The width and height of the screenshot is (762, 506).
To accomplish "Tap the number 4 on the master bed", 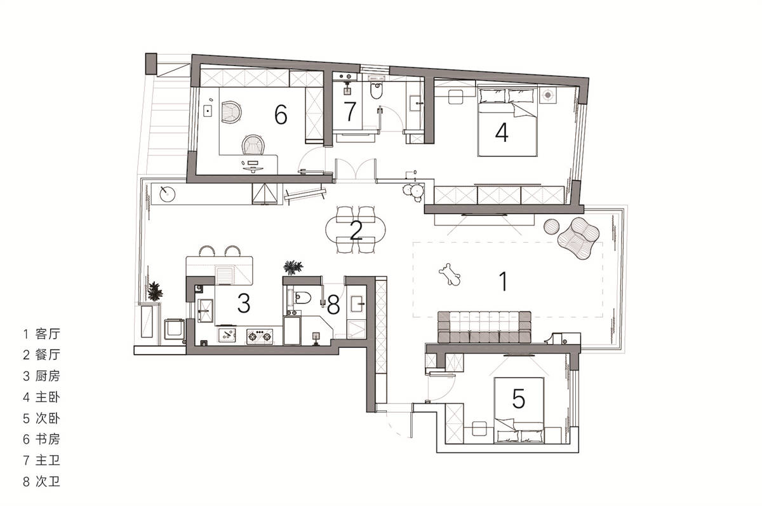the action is coord(502,132).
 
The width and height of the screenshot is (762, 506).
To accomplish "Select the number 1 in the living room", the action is coord(504,281).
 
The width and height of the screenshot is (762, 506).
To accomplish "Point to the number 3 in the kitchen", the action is coord(244,303).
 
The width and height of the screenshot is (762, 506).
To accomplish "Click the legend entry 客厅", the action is coord(48,333).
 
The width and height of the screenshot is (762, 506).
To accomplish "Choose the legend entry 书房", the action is coord(48,439).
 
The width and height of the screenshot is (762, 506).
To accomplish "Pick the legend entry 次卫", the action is coord(48,481).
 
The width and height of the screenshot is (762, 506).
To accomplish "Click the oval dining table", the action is coord(356,230).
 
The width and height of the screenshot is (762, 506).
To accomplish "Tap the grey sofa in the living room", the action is coord(484,327).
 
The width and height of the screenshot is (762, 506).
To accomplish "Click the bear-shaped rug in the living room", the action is coord(450,274).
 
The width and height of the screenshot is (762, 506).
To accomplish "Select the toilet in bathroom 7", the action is coord(376,90).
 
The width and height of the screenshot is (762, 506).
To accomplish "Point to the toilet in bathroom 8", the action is coord(302,297).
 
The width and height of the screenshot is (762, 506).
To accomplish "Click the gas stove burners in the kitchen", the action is coord(260,336).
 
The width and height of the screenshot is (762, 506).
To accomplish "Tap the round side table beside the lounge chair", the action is coord(552,226).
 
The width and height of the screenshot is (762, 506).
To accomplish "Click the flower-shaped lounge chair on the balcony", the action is coord(578,238).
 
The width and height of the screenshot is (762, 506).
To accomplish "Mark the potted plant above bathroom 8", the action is coord(293,267).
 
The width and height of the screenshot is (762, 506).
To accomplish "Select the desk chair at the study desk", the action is coord(253,145).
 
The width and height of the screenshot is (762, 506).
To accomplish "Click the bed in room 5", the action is coord(519,410).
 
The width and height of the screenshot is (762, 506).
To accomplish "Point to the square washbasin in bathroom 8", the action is coord(357,304).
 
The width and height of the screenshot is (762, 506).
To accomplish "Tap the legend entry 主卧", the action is coord(48,397).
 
